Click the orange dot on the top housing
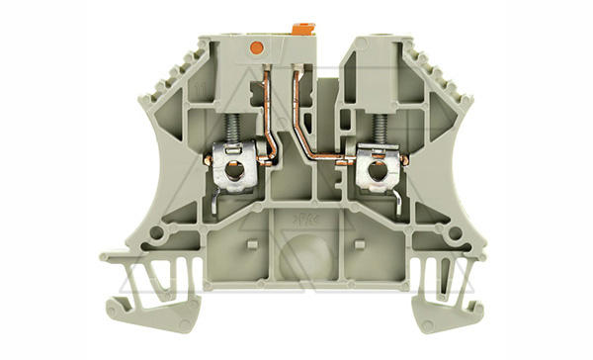[259, 45]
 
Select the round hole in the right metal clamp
[377, 175]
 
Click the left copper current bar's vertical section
[267, 109]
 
